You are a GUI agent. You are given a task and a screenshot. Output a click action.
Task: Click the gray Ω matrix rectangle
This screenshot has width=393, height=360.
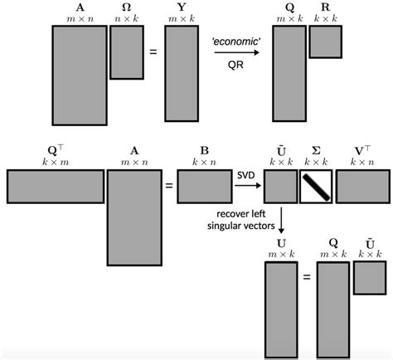pos(127,52)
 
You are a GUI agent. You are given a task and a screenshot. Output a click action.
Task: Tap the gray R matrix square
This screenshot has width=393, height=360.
pos(326,42)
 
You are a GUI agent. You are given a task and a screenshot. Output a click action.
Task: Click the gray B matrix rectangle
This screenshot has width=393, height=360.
pos(204,187)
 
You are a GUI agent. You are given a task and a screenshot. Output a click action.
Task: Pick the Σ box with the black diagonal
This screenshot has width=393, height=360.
pos(317,187)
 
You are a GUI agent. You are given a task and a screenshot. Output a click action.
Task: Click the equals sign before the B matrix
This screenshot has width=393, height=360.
pos(169,187)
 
